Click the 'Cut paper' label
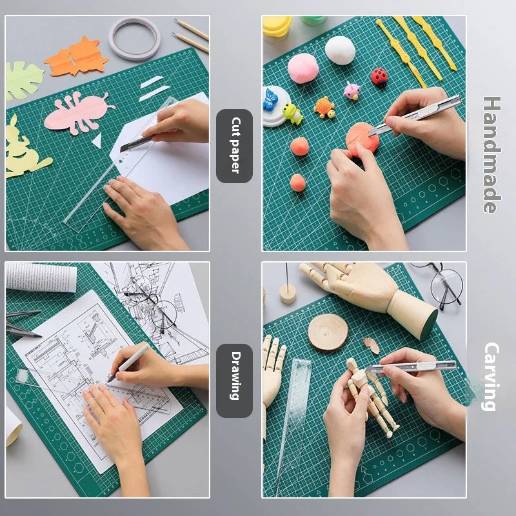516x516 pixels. (x=234, y=146)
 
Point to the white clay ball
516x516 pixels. (x=339, y=50)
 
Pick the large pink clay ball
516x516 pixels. (x=303, y=68)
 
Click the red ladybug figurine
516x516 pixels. (x=379, y=77)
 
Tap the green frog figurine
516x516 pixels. (x=292, y=114)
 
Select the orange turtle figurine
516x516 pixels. (x=324, y=107)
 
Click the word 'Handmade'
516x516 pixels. (x=491, y=155)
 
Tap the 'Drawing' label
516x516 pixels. (x=234, y=381)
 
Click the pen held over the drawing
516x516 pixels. (x=129, y=362)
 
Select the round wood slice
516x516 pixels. (x=328, y=332)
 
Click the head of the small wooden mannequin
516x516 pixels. (x=352, y=364)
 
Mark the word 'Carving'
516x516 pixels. (x=491, y=377)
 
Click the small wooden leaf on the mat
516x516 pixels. (x=371, y=345)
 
